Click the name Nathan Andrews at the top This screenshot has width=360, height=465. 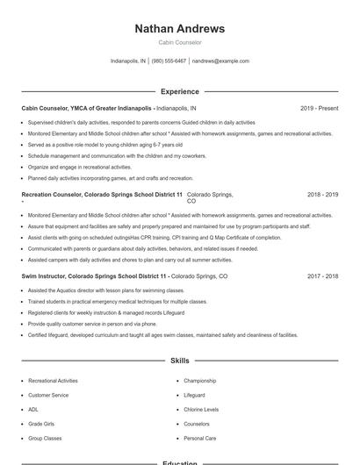click(180, 29)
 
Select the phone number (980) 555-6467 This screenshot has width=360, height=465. click(169, 61)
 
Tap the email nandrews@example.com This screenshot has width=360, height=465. click(220, 61)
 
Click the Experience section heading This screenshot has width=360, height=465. click(180, 91)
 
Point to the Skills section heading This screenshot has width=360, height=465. click(180, 361)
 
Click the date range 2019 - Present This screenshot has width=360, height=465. click(319, 108)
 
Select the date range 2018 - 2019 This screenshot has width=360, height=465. click(322, 194)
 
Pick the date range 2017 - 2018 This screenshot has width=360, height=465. click(322, 275)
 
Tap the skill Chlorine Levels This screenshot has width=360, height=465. click(201, 409)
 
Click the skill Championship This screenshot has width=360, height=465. click(199, 381)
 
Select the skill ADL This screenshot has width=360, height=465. click(33, 409)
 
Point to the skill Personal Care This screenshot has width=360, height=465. click(199, 437)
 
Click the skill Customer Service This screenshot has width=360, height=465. click(48, 395)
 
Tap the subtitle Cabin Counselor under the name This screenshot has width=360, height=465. click(180, 42)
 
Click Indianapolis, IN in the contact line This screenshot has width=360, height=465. click(128, 61)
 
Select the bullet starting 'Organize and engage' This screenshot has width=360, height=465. click(79, 167)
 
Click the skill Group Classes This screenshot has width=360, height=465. click(45, 437)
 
